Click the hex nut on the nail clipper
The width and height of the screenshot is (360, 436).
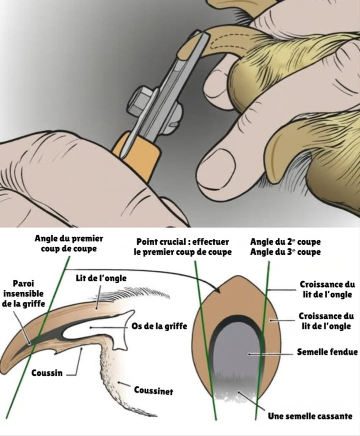141,97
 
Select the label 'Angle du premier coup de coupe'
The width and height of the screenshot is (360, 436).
69,244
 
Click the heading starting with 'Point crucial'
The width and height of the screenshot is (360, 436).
182,247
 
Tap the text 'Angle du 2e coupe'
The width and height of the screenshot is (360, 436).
285,242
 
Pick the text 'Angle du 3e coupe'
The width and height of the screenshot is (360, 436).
285,252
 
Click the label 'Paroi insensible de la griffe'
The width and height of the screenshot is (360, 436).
27,293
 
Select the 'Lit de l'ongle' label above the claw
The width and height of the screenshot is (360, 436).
101,278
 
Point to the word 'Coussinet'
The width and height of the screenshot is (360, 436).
153,390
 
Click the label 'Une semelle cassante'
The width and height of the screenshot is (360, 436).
310,416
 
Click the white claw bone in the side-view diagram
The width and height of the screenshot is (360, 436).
112,330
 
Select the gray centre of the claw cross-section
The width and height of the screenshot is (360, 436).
235,355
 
